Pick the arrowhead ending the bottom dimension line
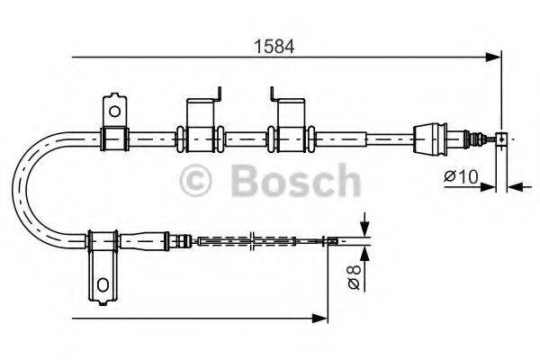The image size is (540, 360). click(319, 317)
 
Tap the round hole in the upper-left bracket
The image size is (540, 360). click(114, 111)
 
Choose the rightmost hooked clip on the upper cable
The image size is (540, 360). click(290, 124)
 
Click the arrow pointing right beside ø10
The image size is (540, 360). click(489, 187)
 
